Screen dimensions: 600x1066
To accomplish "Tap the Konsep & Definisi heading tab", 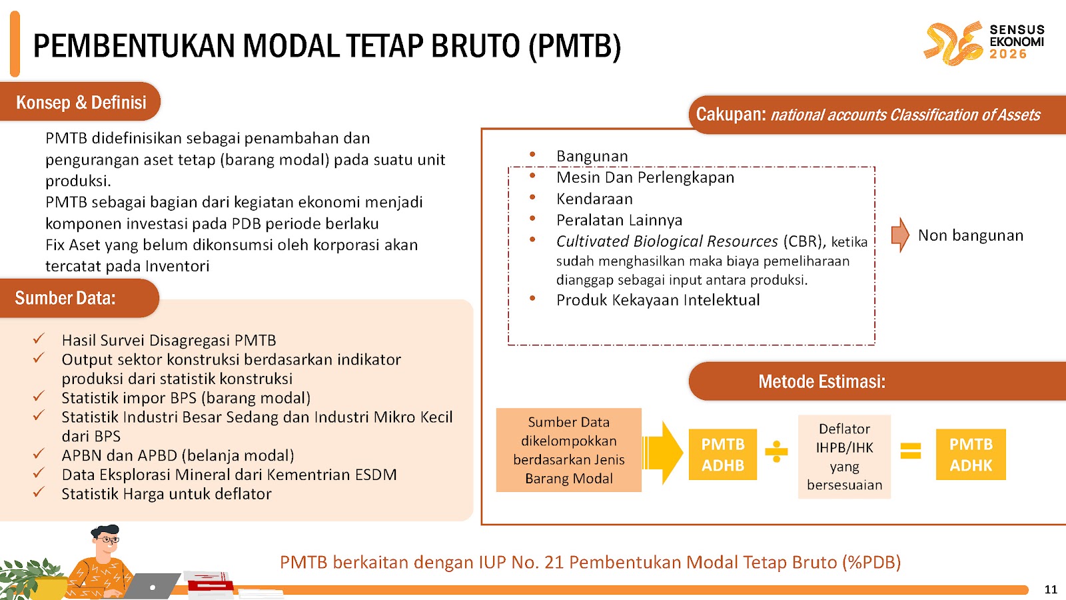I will point(81,102).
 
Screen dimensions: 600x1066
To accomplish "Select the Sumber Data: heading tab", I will point(65,298).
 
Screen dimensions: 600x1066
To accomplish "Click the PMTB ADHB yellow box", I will point(722,455).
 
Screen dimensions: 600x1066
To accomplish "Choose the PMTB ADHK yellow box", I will point(971,455).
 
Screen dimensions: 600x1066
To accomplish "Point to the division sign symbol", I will point(776,452).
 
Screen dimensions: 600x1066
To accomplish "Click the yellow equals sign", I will point(911,451).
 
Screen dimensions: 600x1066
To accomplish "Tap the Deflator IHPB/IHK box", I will point(844,457).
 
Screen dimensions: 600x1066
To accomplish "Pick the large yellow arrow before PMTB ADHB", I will point(664,453).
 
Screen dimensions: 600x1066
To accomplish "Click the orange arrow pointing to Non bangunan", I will point(900,235).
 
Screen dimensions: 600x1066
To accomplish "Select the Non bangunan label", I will point(970,235).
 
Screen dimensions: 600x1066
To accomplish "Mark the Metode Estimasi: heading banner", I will point(821,381).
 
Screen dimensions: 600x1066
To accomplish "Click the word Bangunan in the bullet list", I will point(592,156).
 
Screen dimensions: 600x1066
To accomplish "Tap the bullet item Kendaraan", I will point(594,199).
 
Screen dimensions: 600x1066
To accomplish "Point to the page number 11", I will point(1051,589).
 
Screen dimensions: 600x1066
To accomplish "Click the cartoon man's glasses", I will point(109,539).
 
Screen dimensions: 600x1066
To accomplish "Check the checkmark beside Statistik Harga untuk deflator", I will point(39,493).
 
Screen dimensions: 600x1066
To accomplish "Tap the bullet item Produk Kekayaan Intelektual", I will point(658,300).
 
